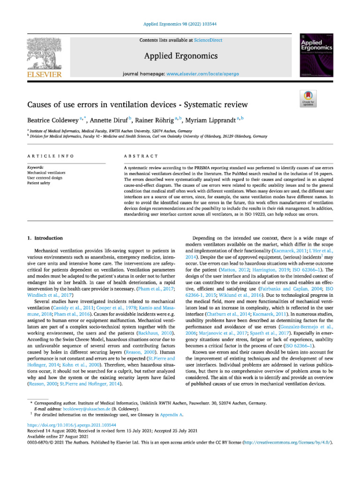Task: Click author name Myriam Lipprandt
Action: (x=212, y=121)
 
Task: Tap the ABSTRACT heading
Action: (x=141, y=155)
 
